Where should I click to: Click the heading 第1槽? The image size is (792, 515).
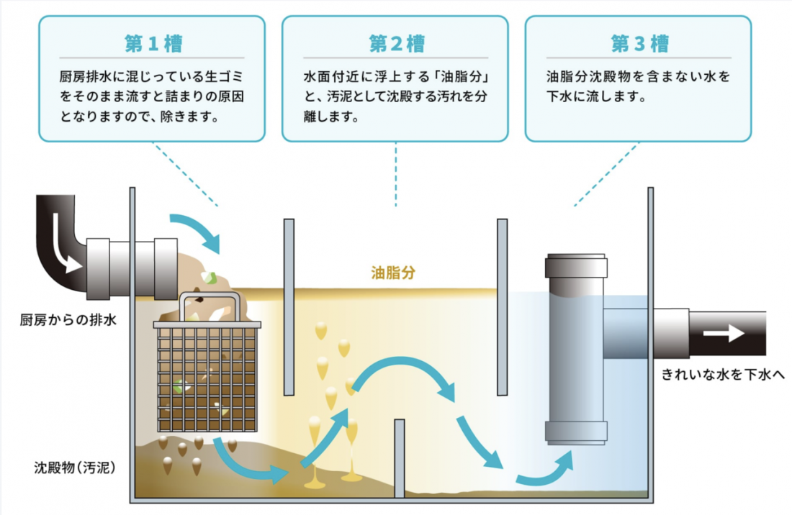tap(153, 43)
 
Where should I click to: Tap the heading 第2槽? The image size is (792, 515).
tap(396, 43)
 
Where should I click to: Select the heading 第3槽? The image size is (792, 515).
tap(639, 43)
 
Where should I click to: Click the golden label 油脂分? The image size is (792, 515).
tap(393, 273)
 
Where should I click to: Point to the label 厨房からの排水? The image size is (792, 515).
tap(68, 319)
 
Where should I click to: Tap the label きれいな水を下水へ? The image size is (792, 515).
tap(723, 374)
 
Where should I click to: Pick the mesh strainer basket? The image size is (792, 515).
tap(207, 378)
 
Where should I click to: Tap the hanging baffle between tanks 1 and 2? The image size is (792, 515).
tap(289, 307)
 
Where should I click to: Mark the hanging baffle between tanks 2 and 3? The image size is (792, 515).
tap(502, 307)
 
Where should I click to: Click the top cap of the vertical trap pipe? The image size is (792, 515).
tap(575, 265)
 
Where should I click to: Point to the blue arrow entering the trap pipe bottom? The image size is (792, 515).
tap(547, 470)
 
